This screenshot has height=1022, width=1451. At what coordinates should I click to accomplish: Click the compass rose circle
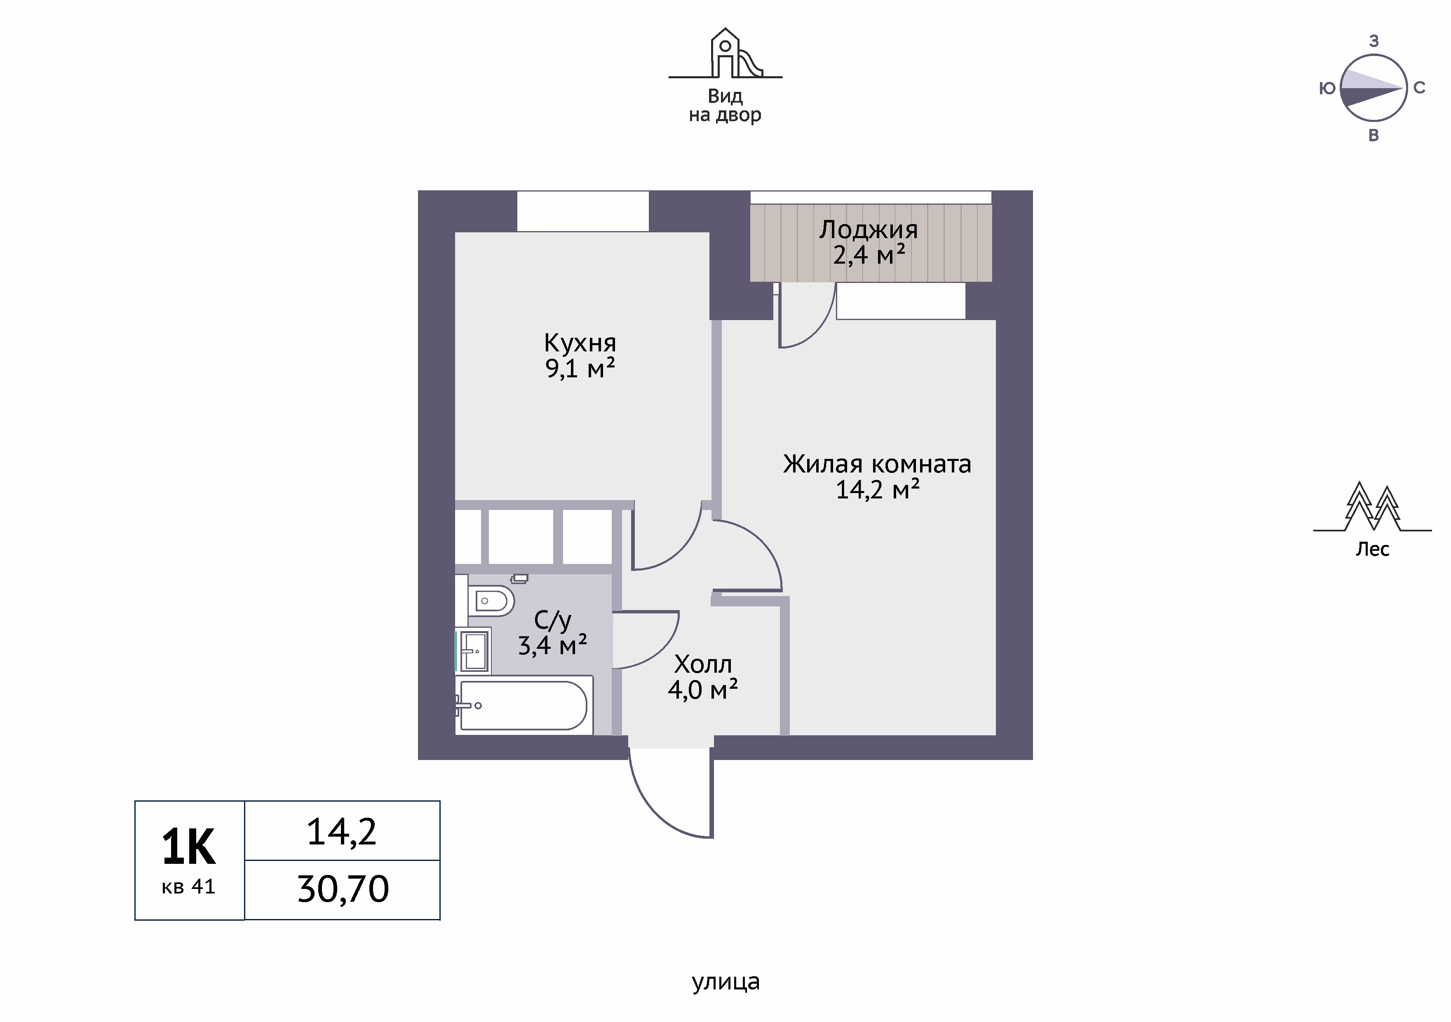(1373, 88)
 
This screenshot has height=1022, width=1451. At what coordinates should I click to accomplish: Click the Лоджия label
(868, 230)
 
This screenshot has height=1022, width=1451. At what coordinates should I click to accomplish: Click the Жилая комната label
(877, 464)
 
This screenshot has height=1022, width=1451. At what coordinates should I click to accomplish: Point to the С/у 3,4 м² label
(552, 633)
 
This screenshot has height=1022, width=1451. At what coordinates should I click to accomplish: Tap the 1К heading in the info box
(188, 847)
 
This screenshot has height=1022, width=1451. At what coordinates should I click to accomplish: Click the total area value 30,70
(343, 889)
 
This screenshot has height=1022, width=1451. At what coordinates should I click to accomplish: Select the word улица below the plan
(725, 982)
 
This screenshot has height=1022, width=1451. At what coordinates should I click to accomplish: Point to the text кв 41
(188, 887)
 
